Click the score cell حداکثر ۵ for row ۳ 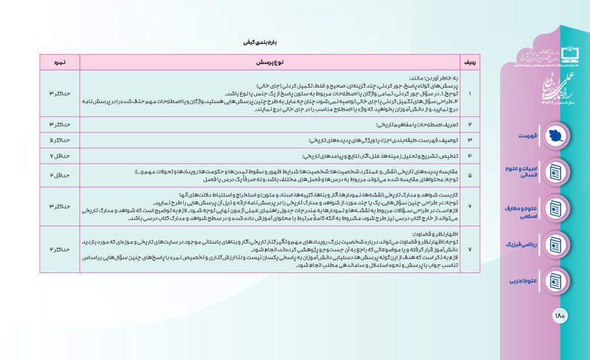[x=59, y=140]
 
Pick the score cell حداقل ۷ [x=59, y=156]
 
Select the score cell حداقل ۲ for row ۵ [x=59, y=174]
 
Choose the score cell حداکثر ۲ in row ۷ [x=59, y=249]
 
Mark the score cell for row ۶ [x=59, y=206]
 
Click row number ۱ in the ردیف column [x=470, y=93]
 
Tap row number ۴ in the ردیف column [x=470, y=156]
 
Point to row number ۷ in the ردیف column [x=470, y=249]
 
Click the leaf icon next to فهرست [x=555, y=134]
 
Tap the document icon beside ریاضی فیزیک [x=555, y=245]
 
